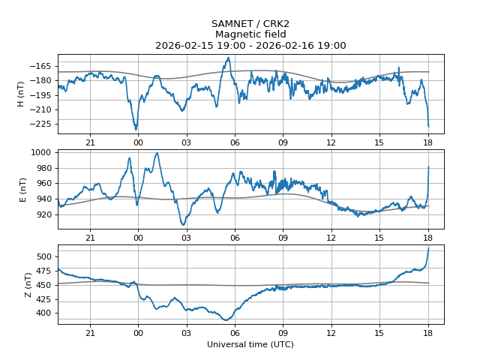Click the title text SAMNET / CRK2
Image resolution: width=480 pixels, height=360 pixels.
click(x=250, y=24)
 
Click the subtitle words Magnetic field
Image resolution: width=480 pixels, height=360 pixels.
click(x=250, y=34)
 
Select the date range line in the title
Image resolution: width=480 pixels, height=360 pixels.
click(x=250, y=46)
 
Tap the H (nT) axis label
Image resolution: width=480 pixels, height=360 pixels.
click(x=20, y=94)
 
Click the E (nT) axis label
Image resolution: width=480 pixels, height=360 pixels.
click(x=22, y=190)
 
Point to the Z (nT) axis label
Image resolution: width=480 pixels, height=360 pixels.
click(x=28, y=285)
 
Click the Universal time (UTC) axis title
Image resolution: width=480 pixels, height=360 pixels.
click(x=250, y=344)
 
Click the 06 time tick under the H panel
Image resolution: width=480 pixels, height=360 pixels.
click(x=235, y=142)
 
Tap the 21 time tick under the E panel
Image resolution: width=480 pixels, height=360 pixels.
click(x=90, y=238)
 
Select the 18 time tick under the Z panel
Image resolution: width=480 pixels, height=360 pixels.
click(x=428, y=333)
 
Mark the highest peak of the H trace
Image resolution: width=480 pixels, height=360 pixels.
click(x=228, y=58)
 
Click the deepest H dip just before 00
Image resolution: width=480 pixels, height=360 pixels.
click(x=136, y=130)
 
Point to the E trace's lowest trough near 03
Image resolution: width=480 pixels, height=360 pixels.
click(x=183, y=225)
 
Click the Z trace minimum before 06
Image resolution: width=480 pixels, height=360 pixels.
click(x=226, y=320)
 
